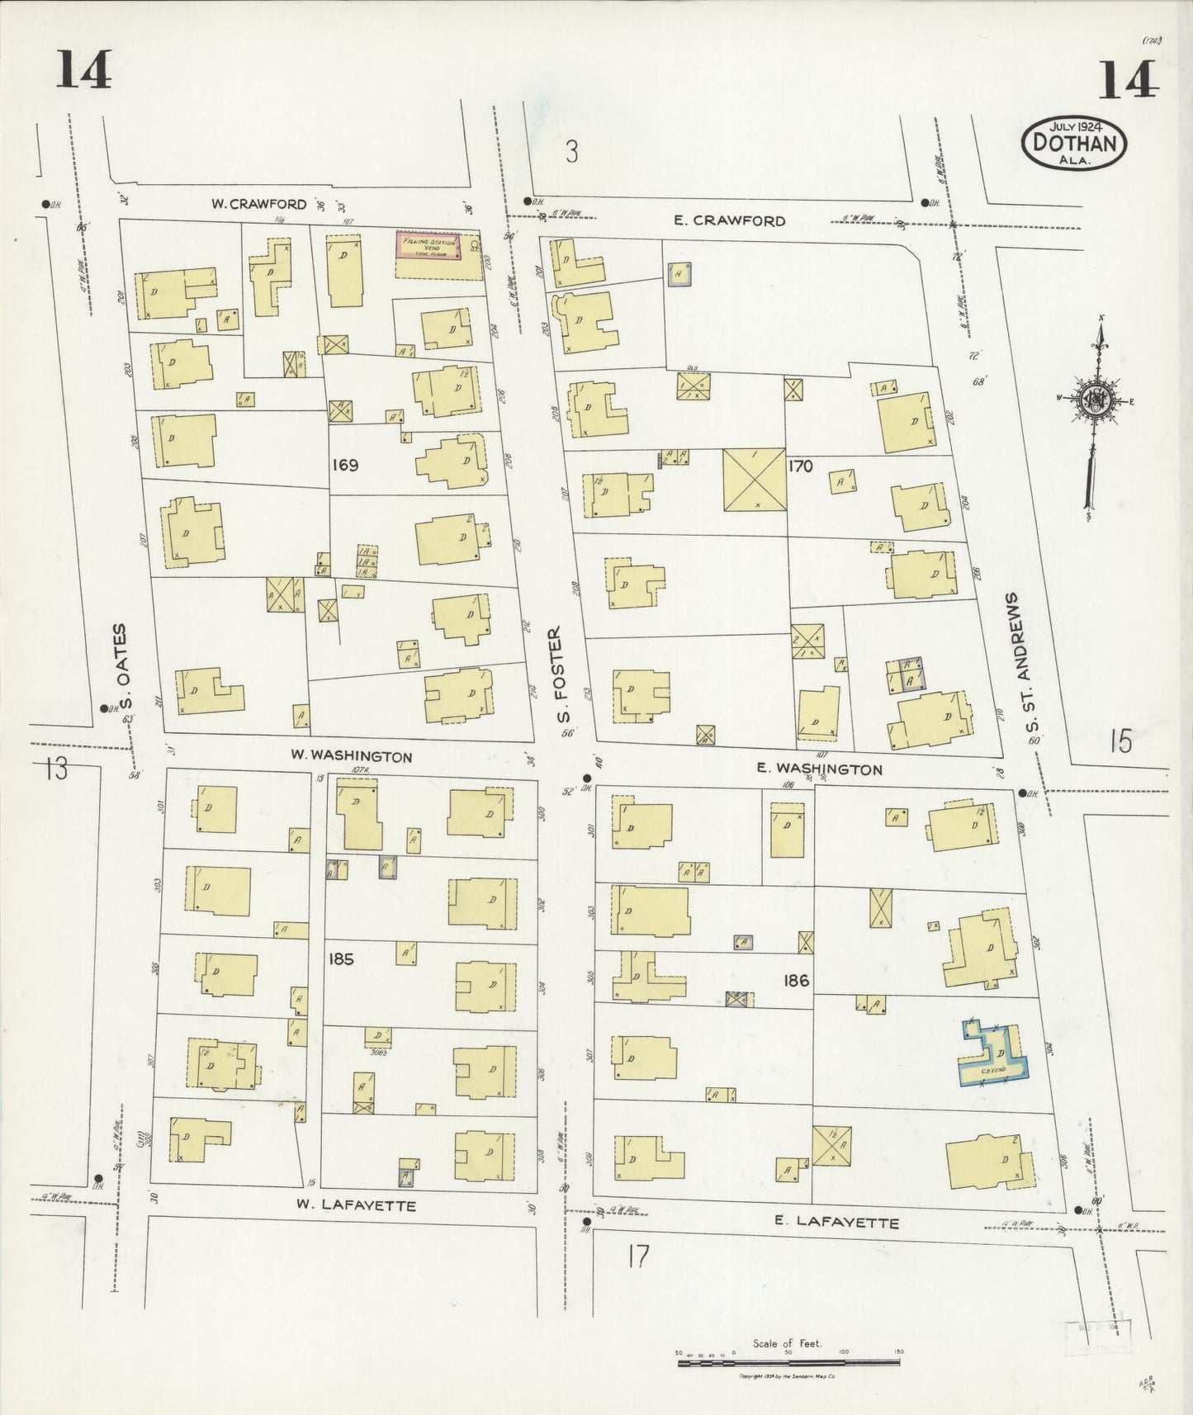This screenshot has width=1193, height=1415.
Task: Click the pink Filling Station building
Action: coord(427,245)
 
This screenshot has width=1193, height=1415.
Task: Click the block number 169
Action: coord(344,465)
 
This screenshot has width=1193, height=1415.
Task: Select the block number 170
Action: coord(800,466)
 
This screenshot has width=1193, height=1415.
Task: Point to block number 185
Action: coord(341,959)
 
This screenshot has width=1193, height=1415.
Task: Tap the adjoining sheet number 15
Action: coord(1120,742)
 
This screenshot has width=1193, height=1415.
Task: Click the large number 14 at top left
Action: coord(83,69)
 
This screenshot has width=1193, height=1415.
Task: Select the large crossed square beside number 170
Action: coord(753,480)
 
